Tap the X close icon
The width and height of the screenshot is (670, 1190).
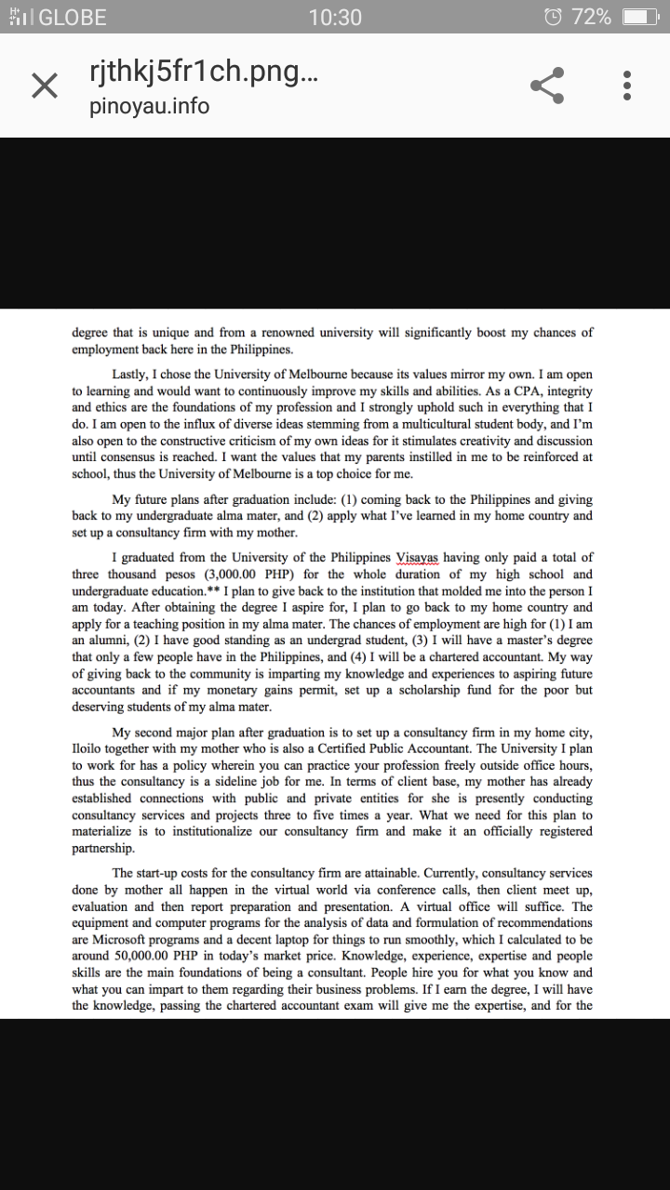44,86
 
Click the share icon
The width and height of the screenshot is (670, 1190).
547,86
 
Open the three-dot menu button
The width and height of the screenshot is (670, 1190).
627,86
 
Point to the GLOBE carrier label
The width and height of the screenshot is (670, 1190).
73,17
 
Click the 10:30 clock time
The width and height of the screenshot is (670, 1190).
334,17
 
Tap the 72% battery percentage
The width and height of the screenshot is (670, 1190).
592,17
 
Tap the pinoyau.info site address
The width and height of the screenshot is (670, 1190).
149,106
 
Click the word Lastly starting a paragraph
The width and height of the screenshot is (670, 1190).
132,374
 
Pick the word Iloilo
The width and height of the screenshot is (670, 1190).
90,748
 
